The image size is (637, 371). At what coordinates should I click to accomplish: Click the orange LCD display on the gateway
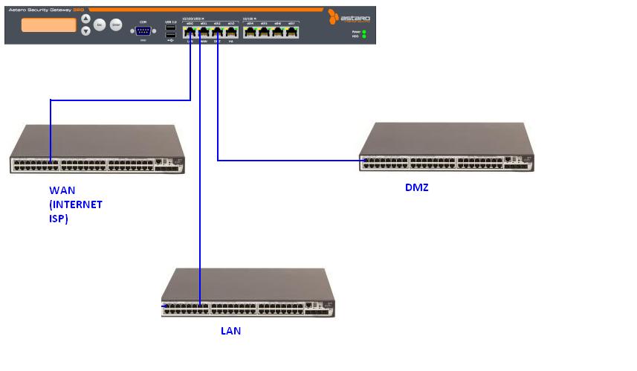click(x=49, y=25)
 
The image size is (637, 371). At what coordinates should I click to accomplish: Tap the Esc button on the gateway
click(x=100, y=25)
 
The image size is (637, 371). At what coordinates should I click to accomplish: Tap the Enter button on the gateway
click(x=116, y=25)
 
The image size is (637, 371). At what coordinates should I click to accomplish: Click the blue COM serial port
click(x=143, y=30)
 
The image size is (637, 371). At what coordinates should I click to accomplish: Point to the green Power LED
click(x=364, y=33)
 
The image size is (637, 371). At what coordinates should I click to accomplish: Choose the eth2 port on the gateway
click(x=217, y=32)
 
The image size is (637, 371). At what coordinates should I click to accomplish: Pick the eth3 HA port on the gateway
click(x=231, y=32)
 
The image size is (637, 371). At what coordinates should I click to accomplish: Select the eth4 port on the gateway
click(x=250, y=32)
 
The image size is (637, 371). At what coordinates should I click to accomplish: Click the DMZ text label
click(x=417, y=187)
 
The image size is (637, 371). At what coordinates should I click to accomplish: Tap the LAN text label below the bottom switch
click(x=230, y=331)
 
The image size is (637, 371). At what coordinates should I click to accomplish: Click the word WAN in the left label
click(x=62, y=190)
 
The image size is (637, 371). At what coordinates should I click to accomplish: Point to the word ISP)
click(x=59, y=219)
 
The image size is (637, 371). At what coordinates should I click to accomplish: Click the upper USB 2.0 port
click(x=171, y=28)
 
